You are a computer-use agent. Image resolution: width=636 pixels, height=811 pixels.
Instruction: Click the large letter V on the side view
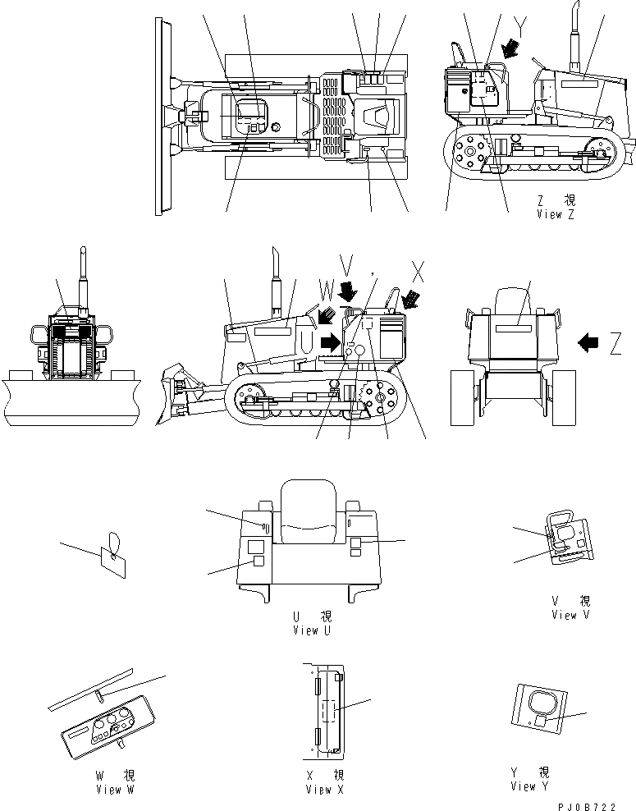[x=348, y=267]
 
